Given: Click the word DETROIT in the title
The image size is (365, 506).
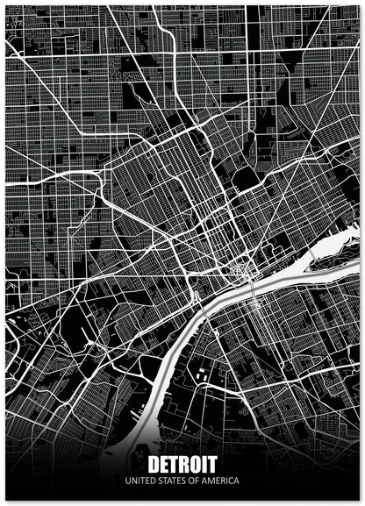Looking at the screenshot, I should (182, 465).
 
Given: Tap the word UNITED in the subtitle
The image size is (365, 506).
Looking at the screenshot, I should (140, 481).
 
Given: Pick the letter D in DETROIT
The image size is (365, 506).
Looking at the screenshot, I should (154, 465).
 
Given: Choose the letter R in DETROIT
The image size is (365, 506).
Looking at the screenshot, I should (183, 465).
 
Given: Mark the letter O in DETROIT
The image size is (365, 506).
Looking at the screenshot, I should (194, 465).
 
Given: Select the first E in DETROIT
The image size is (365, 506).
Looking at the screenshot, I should (164, 465).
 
